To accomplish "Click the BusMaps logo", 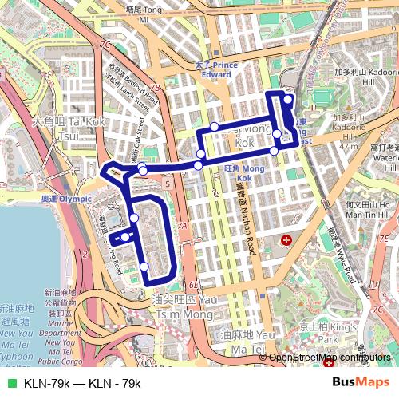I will (361, 383).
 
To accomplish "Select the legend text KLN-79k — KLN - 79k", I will (82, 384).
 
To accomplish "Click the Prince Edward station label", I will (217, 69).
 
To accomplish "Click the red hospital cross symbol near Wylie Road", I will (286, 239).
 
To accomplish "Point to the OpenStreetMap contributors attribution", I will (327, 358).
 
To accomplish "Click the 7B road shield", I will (156, 88).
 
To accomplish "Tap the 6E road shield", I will (194, 284).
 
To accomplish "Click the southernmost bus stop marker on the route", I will (144, 267).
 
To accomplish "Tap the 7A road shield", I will (182, 227).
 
